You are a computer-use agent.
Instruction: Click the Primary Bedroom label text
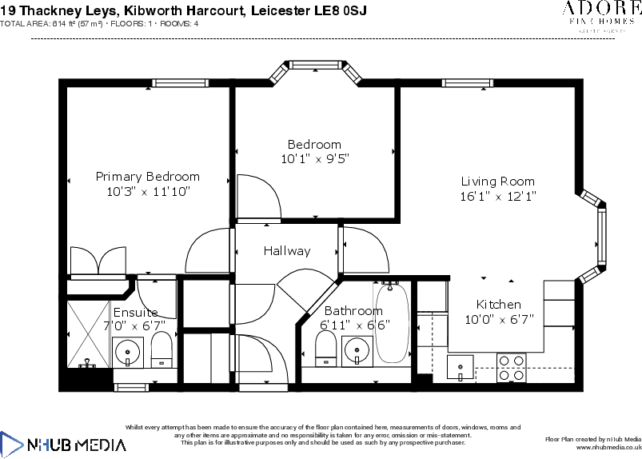[x=148, y=177]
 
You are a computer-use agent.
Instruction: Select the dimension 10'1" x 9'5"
[x=315, y=159]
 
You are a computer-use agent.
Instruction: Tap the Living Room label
[x=497, y=182]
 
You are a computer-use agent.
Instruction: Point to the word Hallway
[x=287, y=251]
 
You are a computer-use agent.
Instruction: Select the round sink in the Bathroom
[x=356, y=349]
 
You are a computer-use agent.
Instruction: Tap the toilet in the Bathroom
[x=325, y=348]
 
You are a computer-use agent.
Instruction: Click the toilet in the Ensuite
[x=161, y=349]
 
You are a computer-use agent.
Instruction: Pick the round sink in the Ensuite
[x=127, y=349]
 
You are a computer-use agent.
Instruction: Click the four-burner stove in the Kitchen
[x=512, y=367]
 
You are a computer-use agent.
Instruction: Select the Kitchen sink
[x=460, y=368]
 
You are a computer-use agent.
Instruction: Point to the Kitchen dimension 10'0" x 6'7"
[x=499, y=319]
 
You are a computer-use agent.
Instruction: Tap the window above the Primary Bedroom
[x=181, y=82]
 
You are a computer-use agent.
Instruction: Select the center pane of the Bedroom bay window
[x=315, y=65]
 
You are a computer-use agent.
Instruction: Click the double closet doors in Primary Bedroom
[x=98, y=262]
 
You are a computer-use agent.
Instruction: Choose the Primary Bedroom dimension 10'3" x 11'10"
[x=148, y=192]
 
